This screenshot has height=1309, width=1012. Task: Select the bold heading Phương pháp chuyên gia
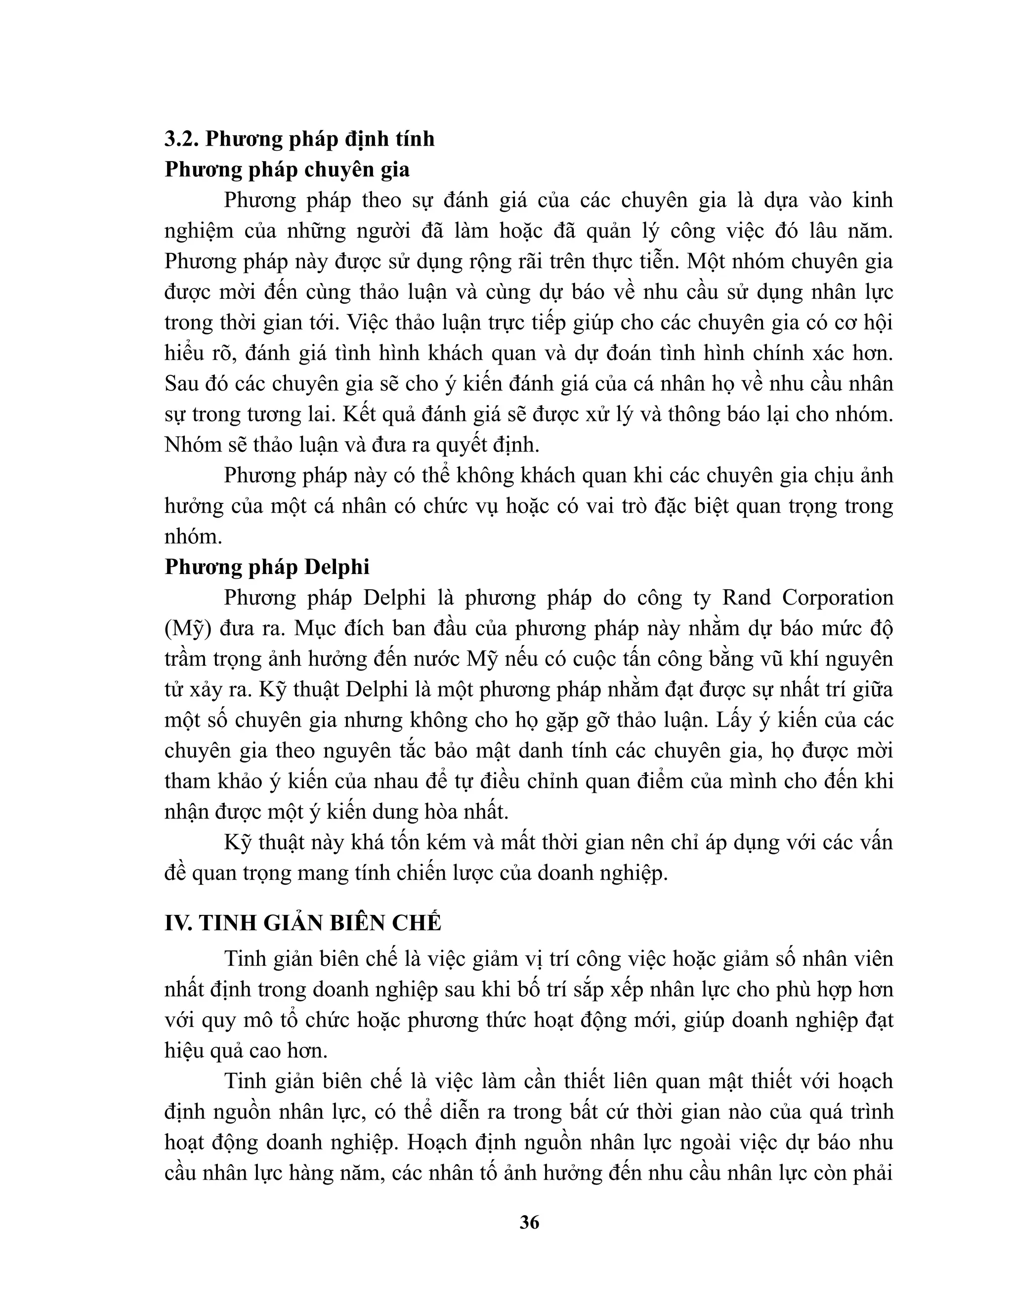click(287, 169)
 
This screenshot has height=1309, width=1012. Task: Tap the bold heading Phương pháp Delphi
click(267, 567)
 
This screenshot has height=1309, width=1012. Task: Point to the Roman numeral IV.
click(177, 923)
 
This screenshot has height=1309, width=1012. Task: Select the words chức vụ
click(461, 506)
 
